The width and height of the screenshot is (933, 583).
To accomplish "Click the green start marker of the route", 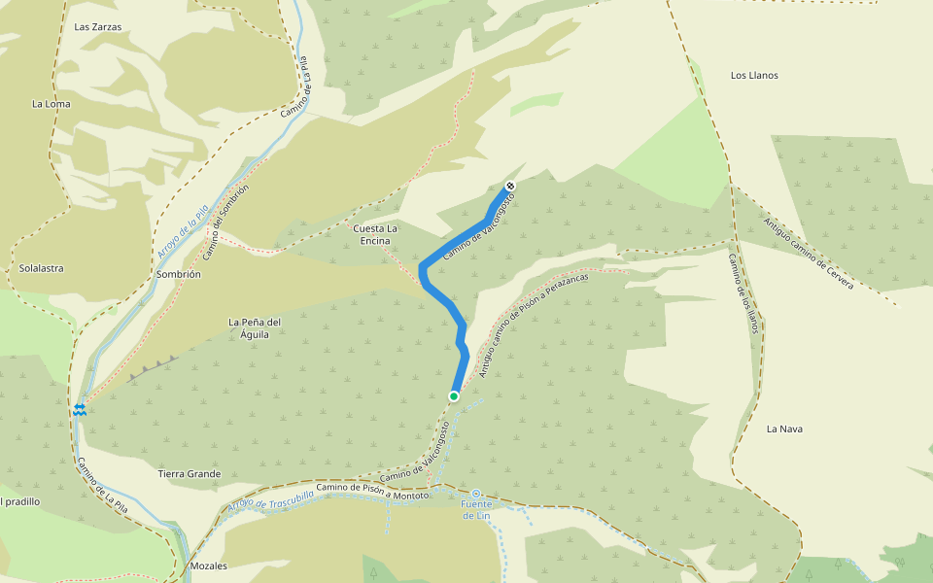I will [x=454, y=396].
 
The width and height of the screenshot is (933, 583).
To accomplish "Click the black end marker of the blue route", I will [x=510, y=186].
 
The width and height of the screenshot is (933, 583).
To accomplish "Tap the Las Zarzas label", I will [x=98, y=27].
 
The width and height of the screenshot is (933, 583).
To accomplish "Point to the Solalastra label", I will [x=41, y=268].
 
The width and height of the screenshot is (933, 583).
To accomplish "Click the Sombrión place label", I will [x=178, y=275].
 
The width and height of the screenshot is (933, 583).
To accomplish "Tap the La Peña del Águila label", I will [x=255, y=328].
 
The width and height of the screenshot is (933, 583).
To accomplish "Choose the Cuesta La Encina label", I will [x=376, y=234].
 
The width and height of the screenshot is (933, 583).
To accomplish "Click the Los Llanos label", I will [x=754, y=75].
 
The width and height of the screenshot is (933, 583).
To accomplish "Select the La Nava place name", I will [x=785, y=429].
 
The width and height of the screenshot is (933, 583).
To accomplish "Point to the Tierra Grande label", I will [x=190, y=474].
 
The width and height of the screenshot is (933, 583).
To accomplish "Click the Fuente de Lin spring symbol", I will [x=476, y=494].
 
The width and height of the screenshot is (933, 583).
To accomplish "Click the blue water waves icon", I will [x=80, y=409].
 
